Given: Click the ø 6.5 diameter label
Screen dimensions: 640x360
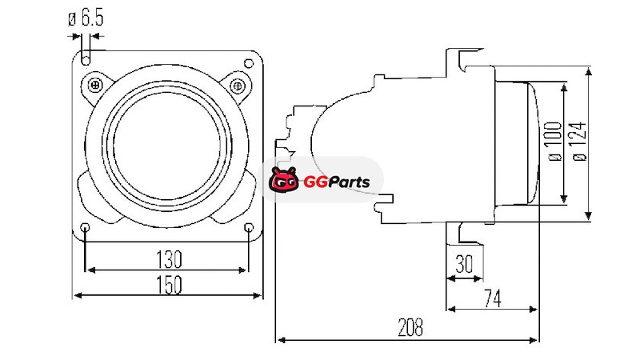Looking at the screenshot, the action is [x=86, y=18].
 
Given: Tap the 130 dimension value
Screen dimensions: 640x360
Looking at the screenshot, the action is [x=169, y=259].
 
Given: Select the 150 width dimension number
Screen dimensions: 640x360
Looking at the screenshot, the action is [x=169, y=285].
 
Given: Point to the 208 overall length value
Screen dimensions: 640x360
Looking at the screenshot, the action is [x=410, y=327].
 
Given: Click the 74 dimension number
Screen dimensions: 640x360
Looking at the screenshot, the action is [x=493, y=298].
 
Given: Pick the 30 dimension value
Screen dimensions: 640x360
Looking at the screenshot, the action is [x=464, y=264].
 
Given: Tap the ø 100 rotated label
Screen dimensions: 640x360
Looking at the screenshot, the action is [x=554, y=142].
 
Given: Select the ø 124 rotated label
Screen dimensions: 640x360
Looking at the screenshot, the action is [x=579, y=142].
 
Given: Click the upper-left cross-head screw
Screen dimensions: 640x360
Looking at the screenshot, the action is [x=95, y=86].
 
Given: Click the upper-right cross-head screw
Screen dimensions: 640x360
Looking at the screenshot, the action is [x=238, y=86].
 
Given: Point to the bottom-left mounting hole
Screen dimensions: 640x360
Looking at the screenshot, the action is [x=86, y=227].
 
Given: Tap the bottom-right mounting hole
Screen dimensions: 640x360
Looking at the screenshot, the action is [x=249, y=227].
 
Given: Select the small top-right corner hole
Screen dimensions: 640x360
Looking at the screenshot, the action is [x=249, y=63].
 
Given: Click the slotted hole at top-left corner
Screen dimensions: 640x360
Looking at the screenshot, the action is [x=86, y=57].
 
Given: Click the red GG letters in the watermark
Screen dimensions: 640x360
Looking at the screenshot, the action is [x=315, y=182].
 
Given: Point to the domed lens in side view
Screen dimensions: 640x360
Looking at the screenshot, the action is [x=532, y=143].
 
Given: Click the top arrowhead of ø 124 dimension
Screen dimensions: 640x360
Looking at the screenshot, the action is [x=588, y=72].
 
